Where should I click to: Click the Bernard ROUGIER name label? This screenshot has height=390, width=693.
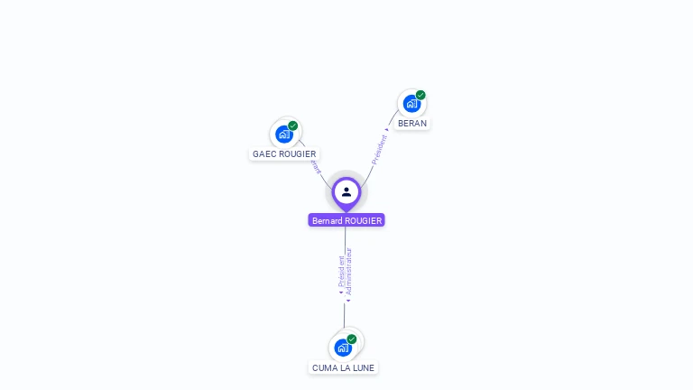(346, 220)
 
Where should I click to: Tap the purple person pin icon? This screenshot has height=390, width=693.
(346, 192)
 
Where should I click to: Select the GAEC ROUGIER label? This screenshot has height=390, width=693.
(284, 153)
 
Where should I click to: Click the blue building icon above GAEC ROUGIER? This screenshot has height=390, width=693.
(284, 135)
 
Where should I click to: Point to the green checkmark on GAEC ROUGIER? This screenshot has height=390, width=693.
(293, 125)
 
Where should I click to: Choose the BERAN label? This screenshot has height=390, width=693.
(412, 123)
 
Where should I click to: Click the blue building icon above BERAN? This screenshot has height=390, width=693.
(411, 104)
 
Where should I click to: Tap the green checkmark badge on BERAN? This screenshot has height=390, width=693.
(420, 95)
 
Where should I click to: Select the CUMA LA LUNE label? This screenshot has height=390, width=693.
(343, 367)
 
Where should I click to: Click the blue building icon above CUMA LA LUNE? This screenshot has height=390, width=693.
(343, 348)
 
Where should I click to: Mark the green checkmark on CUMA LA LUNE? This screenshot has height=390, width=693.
(352, 339)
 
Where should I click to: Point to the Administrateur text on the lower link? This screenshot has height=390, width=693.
(349, 273)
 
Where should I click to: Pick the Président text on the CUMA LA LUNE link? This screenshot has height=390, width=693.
(341, 272)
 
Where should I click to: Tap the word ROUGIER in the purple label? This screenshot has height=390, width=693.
(364, 220)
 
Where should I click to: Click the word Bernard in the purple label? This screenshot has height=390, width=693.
(328, 220)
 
